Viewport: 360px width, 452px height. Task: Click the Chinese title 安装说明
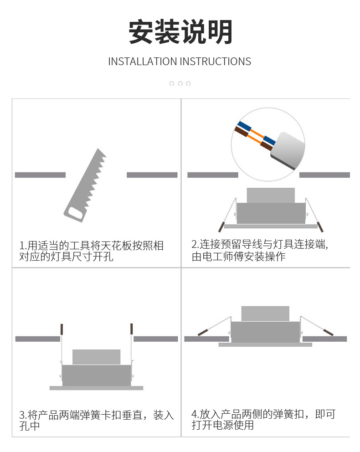point(180,32)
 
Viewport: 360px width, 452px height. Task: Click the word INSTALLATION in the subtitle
point(142,62)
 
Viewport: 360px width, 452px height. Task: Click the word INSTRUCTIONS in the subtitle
point(215,62)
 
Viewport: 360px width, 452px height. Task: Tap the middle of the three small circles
point(180,83)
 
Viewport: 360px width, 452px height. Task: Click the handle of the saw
point(75,213)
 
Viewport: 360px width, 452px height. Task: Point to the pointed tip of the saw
point(98,149)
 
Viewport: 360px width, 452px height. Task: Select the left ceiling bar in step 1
point(40,175)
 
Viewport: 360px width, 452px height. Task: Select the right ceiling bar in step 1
point(152,175)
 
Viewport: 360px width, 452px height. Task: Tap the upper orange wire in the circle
point(257,134)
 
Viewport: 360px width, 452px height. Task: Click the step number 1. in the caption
point(23,246)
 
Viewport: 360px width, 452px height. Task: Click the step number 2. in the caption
point(195,244)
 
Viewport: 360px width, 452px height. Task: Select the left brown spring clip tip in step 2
point(221,227)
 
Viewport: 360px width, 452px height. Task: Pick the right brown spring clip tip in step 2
point(320,227)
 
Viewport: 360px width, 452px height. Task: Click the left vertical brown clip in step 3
point(62,329)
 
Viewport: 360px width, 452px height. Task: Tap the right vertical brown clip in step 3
point(131,329)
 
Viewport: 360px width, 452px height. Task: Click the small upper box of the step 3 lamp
point(96,357)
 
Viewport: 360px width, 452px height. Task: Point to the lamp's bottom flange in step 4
point(265,344)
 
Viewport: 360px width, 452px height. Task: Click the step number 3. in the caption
point(23,416)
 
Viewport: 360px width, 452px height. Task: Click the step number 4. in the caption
point(195,415)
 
